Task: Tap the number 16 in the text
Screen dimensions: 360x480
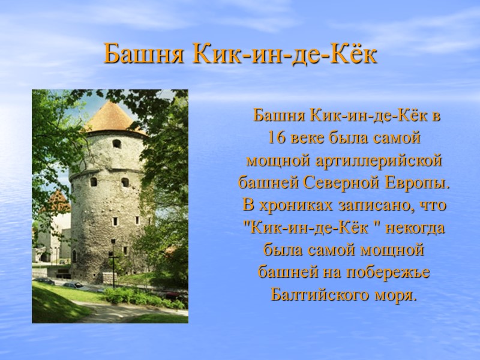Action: coord(276,137)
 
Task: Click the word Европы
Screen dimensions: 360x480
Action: coord(421,182)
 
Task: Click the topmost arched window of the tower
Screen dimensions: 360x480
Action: coord(116,143)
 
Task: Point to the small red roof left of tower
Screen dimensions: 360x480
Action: coord(58,199)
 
